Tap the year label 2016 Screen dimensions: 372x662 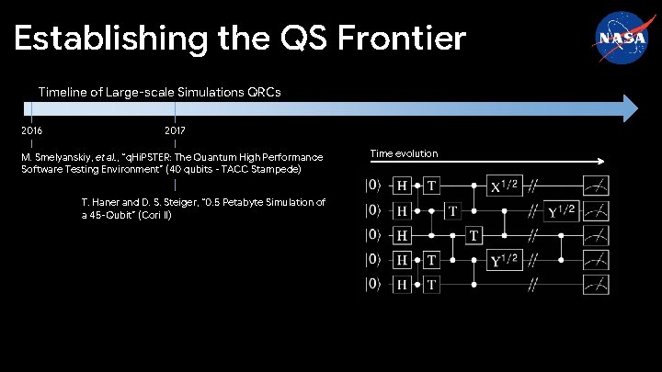coord(31,131)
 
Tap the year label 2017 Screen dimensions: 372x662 coord(175,131)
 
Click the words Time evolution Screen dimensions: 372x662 coord(404,152)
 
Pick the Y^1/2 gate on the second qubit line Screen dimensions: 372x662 coord(561,210)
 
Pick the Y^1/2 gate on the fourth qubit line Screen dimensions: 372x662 coord(504,260)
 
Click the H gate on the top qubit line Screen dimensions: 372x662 coord(402,186)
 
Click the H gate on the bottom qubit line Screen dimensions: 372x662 coord(402,285)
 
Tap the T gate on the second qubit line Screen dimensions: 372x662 coord(452,210)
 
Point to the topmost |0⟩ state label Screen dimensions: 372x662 coord(373,186)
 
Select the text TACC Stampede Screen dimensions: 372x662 coord(266,170)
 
